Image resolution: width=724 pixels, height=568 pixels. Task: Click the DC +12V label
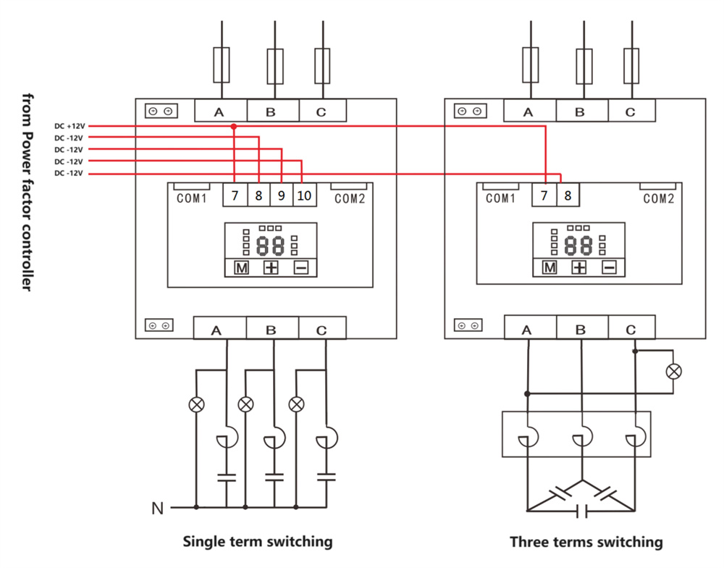click(x=70, y=126)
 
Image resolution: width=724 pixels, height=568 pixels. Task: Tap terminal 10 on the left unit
click(x=304, y=196)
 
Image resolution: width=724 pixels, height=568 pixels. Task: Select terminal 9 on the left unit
click(x=281, y=196)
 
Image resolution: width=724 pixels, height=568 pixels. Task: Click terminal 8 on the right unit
click(x=568, y=196)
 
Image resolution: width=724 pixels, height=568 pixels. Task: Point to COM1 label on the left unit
click(x=192, y=198)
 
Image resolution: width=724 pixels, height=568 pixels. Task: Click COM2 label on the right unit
click(x=659, y=198)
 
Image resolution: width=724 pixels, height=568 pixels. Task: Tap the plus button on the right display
click(x=579, y=268)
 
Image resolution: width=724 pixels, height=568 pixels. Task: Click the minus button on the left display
click(x=301, y=268)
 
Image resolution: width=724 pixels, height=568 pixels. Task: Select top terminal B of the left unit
click(x=271, y=112)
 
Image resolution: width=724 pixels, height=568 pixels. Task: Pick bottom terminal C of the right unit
click(x=631, y=330)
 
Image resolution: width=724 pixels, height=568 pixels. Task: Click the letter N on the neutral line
click(x=157, y=509)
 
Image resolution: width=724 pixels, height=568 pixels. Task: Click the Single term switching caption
click(x=258, y=541)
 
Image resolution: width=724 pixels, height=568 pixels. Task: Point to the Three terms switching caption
click(x=586, y=542)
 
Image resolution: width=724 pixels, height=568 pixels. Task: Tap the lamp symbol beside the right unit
click(x=674, y=372)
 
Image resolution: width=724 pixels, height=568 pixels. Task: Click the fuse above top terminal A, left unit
click(x=222, y=65)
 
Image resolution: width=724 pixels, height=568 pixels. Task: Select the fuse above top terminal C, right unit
click(x=631, y=65)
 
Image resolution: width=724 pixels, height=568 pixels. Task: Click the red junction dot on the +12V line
click(x=234, y=127)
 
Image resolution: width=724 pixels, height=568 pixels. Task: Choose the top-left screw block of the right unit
click(x=469, y=111)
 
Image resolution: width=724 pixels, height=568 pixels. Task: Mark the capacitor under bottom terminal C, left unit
click(x=327, y=477)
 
